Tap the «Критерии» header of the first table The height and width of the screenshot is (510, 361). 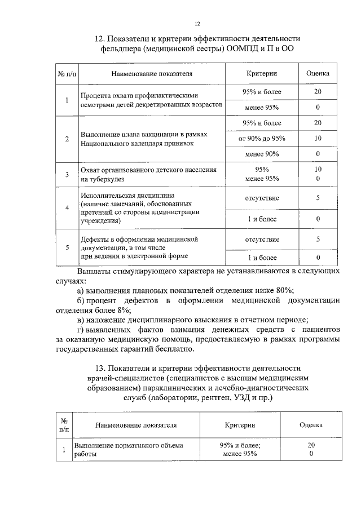[261, 74]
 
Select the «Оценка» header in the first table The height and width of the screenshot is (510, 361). [318, 74]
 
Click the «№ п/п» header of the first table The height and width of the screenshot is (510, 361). [67, 74]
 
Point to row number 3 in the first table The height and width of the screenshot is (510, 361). [67, 174]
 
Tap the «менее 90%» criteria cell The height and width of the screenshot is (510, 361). [261, 154]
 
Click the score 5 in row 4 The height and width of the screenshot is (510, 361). [318, 198]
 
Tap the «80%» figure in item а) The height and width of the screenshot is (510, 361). [283, 290]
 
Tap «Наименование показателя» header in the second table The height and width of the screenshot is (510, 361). [136, 425]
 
